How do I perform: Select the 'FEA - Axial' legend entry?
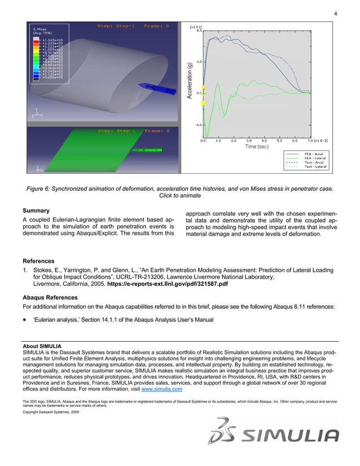click(315, 153)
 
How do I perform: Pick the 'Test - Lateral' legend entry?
click(315, 167)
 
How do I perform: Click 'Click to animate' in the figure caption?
click(179, 195)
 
